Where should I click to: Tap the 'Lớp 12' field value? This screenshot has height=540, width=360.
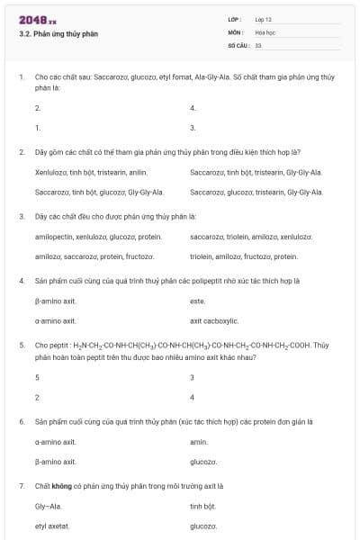tap(263, 19)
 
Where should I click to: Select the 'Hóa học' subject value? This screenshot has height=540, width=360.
tap(265, 31)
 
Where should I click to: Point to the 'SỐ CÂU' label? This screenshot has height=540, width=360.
tap(237, 44)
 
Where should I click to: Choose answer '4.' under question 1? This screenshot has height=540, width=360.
tap(193, 108)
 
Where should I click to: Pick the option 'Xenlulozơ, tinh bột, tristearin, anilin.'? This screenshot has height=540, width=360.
tap(91, 171)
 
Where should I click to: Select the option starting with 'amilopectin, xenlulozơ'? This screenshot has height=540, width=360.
tap(98, 236)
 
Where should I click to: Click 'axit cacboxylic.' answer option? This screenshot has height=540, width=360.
tap(214, 320)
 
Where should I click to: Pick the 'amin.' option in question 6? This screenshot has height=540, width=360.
tap(199, 442)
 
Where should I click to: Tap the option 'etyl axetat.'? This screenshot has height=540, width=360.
tap(52, 526)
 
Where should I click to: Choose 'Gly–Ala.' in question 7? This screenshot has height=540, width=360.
tap(48, 507)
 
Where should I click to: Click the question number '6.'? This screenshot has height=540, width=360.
tap(22, 421)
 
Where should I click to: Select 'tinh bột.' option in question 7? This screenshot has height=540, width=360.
tap(203, 507)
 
